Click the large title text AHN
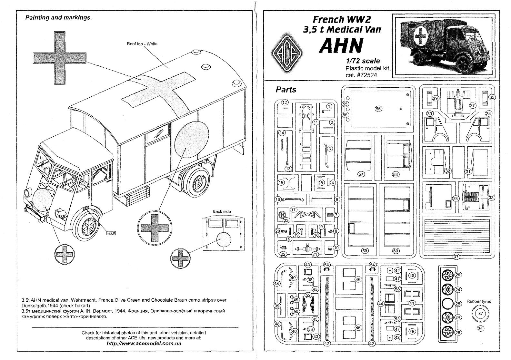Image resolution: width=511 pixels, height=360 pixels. (341, 46)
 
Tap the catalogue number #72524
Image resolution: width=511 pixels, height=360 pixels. (361, 75)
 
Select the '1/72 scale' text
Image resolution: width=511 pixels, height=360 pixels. (363, 61)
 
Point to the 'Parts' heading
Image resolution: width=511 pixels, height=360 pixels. (286, 90)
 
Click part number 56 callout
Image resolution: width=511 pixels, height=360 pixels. (378, 109)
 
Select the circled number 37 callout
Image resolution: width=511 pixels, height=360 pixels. (456, 257)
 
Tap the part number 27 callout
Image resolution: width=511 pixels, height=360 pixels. (473, 105)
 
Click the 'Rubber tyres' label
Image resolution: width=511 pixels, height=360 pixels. (479, 301)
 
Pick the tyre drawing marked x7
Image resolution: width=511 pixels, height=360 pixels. (480, 313)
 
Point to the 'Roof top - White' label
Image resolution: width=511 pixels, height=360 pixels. (142, 44)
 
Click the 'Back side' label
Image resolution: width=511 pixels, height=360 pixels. (222, 211)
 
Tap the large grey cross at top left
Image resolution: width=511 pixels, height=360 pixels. (60, 58)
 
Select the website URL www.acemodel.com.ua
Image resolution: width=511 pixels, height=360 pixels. (144, 343)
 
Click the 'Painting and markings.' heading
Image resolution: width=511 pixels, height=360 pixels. (59, 18)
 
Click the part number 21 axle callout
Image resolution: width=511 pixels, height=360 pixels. (316, 254)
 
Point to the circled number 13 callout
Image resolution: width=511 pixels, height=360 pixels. (288, 169)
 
